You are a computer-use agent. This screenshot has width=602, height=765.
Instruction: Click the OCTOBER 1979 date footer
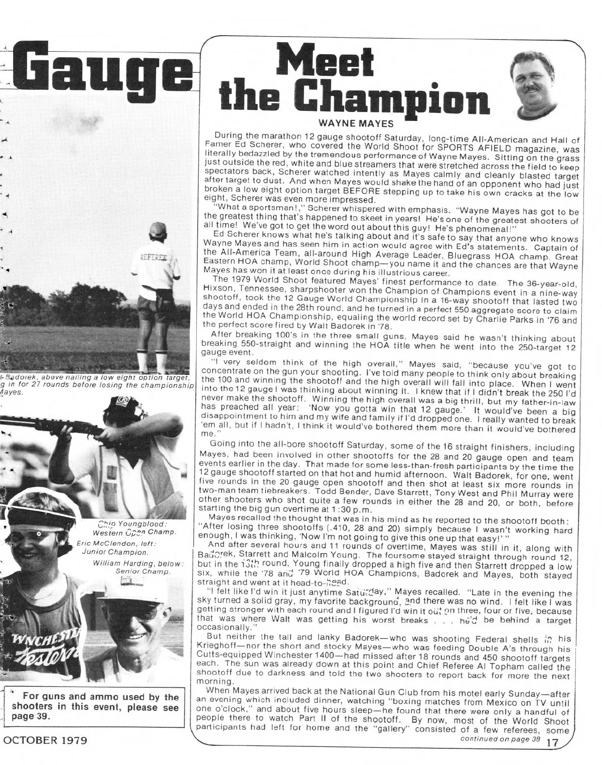44,740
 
